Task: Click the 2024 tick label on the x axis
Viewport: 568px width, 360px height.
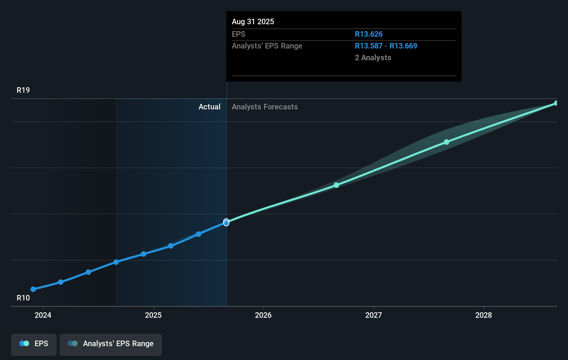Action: [x=43, y=315]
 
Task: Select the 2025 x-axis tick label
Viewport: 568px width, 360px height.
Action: [x=153, y=315]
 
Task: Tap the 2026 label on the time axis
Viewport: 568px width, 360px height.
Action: [x=263, y=315]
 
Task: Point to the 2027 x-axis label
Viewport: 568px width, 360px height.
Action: [x=374, y=315]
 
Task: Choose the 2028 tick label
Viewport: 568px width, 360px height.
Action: [x=484, y=315]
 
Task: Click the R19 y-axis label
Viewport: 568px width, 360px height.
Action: [x=23, y=90]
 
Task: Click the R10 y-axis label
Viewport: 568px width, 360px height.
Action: [x=23, y=298]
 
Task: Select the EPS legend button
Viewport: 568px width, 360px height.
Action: [x=34, y=344]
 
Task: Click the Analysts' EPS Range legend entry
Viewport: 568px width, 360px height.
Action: [x=111, y=344]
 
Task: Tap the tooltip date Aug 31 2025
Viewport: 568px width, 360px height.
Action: [x=253, y=21]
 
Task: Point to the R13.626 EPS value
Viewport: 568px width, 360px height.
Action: [x=369, y=34]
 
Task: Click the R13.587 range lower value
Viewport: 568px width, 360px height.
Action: [x=369, y=46]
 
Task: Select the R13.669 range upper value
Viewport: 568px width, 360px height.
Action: [x=403, y=46]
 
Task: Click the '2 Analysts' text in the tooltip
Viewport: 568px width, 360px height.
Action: [x=373, y=57]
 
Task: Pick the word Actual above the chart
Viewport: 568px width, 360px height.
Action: [x=209, y=107]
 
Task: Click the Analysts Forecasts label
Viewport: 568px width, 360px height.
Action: [x=265, y=107]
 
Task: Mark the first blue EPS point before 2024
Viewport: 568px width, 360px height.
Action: [x=33, y=289]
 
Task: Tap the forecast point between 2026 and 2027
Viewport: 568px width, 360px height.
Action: [x=336, y=185]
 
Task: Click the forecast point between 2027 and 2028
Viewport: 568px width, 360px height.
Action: [x=447, y=142]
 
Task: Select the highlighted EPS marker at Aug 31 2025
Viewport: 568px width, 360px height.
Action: [x=226, y=223]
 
